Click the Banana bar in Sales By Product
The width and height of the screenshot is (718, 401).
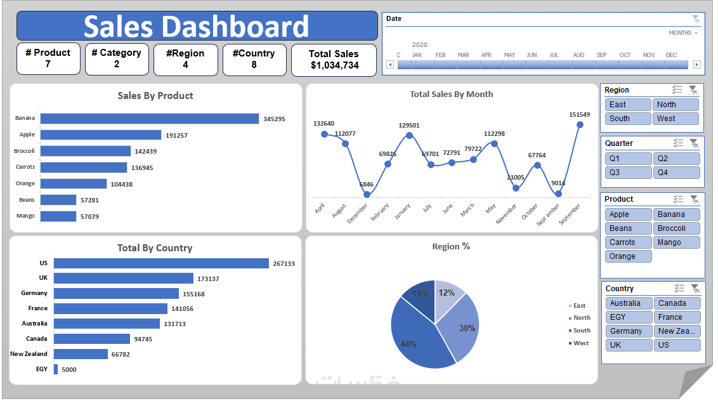click(150, 119)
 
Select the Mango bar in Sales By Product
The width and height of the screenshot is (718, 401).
click(58, 216)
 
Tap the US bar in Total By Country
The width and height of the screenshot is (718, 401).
click(161, 263)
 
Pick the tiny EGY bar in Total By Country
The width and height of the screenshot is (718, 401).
click(56, 369)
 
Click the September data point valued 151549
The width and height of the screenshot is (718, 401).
click(580, 125)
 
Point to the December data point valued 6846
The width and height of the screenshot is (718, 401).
click(367, 194)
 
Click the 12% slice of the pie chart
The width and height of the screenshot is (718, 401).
click(447, 295)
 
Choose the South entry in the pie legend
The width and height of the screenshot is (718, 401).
click(582, 331)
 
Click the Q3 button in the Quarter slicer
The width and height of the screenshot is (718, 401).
click(628, 173)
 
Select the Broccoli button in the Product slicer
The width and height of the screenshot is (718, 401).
click(677, 228)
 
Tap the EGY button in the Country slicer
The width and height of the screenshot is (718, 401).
click(628, 317)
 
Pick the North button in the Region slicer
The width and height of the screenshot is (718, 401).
click(676, 105)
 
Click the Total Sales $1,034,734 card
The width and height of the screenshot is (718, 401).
click(334, 60)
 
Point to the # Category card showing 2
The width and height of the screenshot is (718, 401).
click(117, 59)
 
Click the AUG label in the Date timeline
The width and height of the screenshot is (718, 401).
click(578, 55)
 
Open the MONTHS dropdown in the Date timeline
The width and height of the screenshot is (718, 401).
click(683, 33)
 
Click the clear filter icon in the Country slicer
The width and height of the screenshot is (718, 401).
click(694, 288)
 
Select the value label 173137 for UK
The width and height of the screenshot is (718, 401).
click(209, 279)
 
